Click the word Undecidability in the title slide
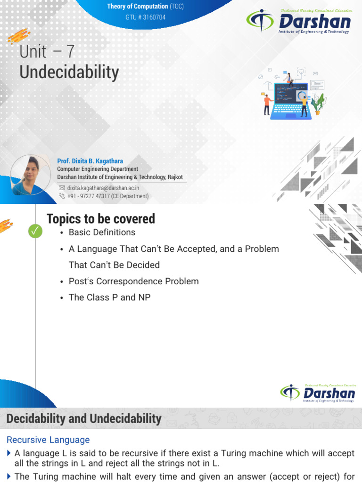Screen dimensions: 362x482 pos(69,72)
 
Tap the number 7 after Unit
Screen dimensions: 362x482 pos(71,51)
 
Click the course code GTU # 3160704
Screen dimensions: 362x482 pos(145,17)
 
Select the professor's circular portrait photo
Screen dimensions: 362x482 pos(30,175)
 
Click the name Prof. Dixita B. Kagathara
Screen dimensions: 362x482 pos(90,161)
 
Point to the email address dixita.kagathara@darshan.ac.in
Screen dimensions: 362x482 pos(103,188)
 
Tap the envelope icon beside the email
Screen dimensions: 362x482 pos(62,187)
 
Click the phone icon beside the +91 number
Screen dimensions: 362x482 pos(62,196)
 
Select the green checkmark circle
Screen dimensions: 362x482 pos(35,231)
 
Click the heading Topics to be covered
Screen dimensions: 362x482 pos(101,219)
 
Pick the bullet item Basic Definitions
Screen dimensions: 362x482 pos(102,233)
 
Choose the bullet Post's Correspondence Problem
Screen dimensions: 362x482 pos(133,281)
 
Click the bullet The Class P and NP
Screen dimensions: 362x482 pos(109,297)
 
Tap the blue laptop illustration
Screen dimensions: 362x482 pos(290,101)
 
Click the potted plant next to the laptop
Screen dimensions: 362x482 pos(319,104)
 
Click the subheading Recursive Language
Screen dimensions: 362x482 pos(48,440)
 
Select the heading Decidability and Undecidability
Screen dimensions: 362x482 pos(84,418)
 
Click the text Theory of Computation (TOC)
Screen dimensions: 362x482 pos(145,6)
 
